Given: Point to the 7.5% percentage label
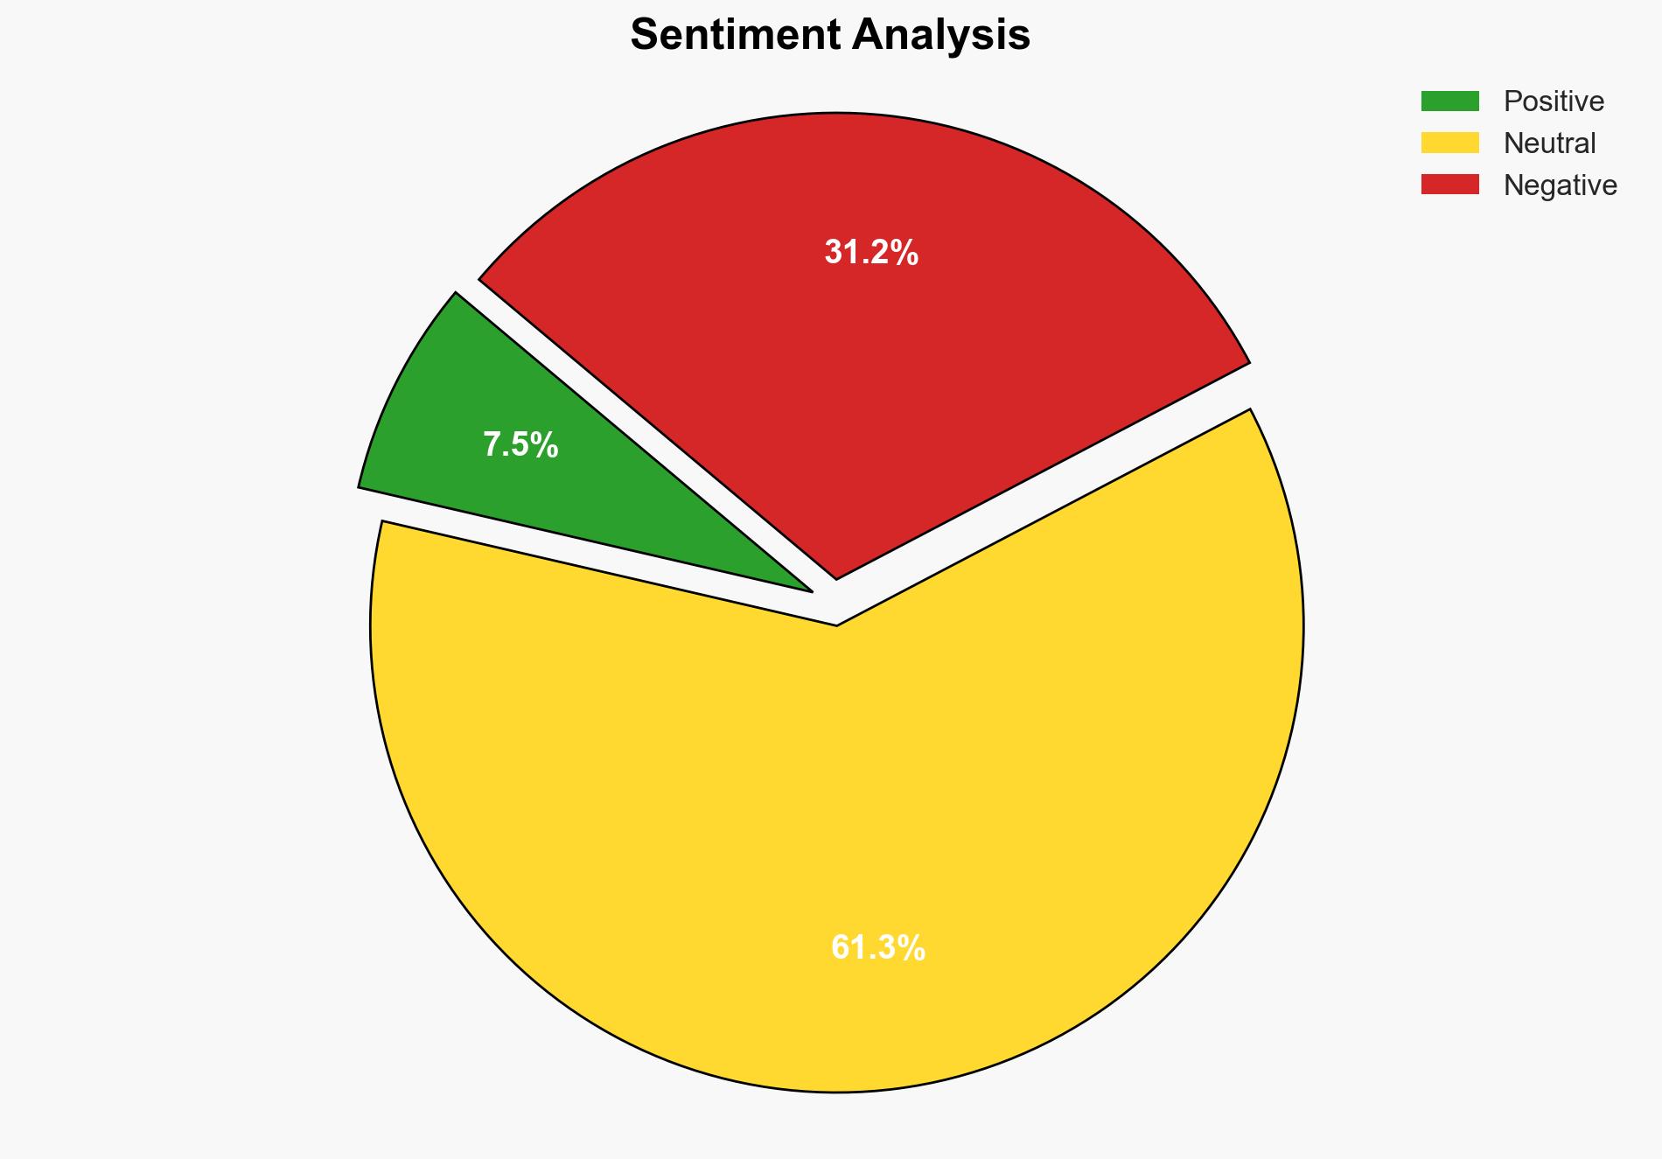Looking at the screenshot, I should coord(520,445).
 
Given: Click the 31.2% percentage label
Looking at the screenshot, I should coord(871,253).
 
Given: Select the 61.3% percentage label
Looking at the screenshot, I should coord(877,947).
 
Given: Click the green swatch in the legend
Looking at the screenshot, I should coord(1449,101).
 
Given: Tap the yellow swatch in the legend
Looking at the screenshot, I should coord(1449,143).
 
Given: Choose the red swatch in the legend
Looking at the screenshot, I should coord(1449,185).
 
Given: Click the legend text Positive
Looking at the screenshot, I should coord(1554,101).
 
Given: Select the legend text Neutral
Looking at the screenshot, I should coord(1549,143).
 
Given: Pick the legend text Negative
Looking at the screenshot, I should coord(1560,185).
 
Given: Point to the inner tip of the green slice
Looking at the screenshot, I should coord(810,590).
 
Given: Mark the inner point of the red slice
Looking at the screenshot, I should coord(837,576).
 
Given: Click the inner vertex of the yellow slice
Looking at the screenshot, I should coord(837,624).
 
